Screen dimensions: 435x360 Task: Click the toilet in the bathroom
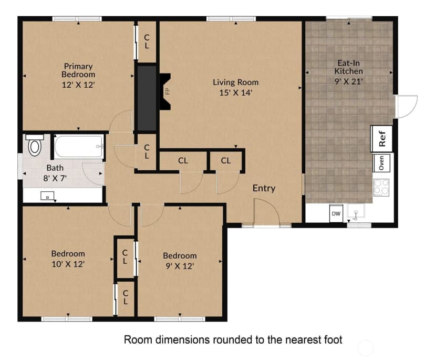click(34, 145)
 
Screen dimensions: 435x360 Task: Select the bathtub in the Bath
click(79, 147)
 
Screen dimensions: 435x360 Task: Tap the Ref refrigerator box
click(382, 139)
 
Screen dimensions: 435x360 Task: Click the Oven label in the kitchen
click(381, 162)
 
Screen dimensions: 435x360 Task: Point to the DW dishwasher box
click(336, 213)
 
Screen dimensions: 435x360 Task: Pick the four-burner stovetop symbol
click(381, 187)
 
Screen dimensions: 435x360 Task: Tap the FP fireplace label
click(167, 91)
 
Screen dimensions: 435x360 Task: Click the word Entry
click(264, 189)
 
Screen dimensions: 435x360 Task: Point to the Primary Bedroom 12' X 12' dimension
click(78, 85)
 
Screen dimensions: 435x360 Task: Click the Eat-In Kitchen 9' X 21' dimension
click(349, 81)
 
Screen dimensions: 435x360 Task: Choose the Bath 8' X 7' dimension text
click(55, 178)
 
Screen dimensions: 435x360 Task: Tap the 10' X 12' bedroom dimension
click(68, 264)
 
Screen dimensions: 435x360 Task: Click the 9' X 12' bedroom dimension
click(180, 266)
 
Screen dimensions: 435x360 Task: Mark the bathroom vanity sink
click(47, 196)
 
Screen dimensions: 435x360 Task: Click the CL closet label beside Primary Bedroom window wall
click(147, 42)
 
